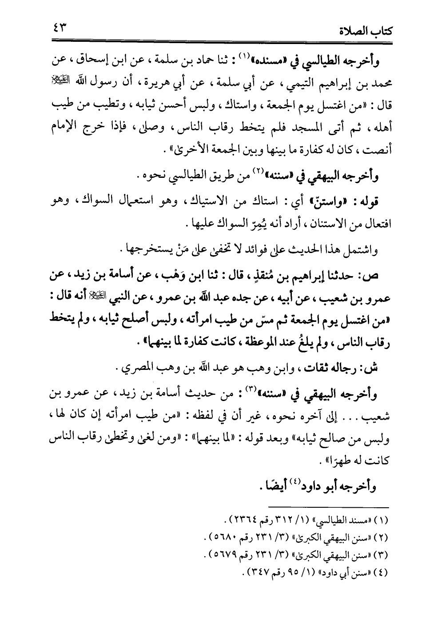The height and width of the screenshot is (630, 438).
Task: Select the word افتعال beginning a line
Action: (x=375, y=224)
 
